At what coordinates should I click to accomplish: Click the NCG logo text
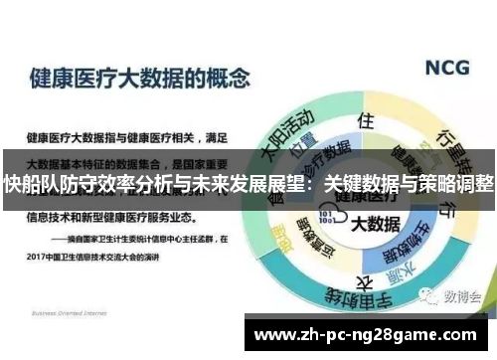click(x=453, y=69)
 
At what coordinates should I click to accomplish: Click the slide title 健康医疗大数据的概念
click(x=140, y=78)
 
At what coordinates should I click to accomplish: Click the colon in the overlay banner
click(x=315, y=184)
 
